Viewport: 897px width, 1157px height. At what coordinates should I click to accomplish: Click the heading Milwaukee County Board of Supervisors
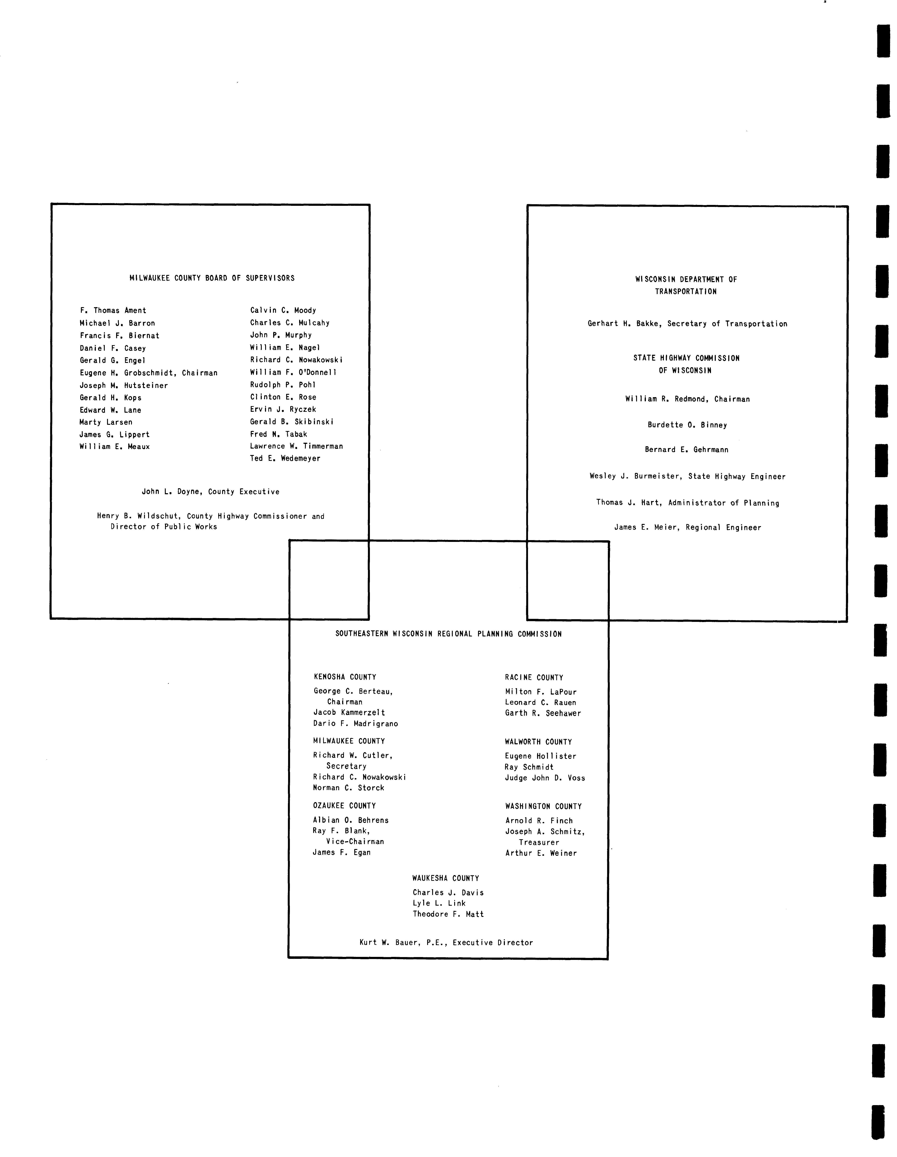212,278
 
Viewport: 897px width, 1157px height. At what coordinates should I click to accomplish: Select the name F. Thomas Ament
113,310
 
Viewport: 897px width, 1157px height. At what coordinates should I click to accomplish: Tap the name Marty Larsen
106,422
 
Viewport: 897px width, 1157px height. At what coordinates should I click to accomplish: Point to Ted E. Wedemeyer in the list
285,458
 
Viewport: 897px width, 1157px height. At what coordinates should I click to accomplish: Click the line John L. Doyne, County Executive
210,492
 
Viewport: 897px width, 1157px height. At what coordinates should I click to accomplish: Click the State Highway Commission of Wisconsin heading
687,365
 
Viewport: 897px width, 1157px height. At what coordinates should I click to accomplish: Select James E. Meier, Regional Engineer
688,528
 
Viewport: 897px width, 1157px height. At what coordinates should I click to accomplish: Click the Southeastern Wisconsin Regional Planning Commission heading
448,634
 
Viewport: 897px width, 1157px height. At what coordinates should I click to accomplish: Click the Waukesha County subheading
446,878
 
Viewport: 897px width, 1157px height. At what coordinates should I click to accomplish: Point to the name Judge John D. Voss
545,778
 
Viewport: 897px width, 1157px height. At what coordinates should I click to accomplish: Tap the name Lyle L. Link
439,903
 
